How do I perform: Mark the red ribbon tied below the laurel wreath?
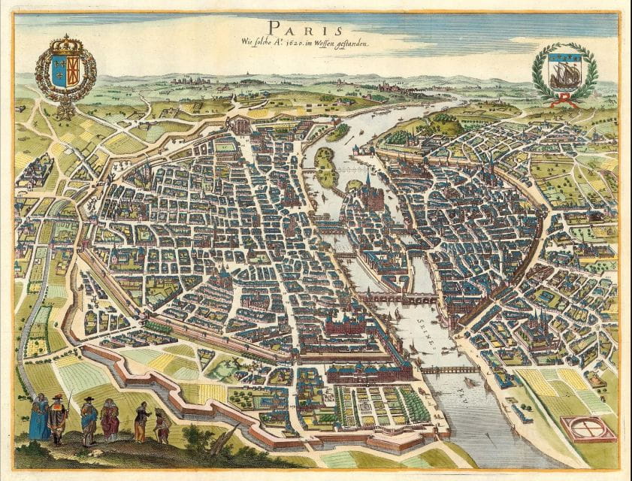(564, 101)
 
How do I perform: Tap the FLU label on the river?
(471, 390)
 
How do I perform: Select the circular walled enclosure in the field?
(588, 428)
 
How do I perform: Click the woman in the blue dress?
(38, 419)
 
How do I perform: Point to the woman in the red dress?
(110, 421)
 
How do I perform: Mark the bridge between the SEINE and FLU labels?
(449, 369)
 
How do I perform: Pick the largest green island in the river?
(325, 166)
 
